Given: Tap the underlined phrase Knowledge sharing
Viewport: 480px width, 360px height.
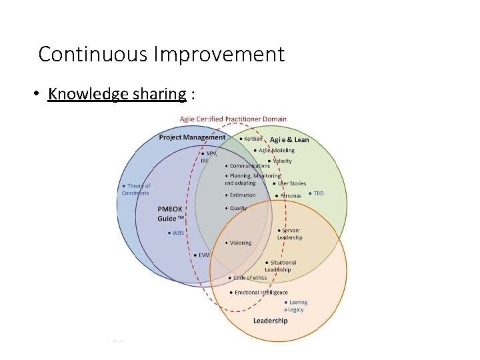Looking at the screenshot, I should tap(117, 94).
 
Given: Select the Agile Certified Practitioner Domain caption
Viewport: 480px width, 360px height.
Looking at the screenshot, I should tap(233, 119).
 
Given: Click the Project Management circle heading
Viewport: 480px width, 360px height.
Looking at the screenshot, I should tap(192, 137).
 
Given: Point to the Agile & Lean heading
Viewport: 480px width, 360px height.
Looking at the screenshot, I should tap(289, 140).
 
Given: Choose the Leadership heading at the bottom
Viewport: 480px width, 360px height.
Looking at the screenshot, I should tap(270, 321).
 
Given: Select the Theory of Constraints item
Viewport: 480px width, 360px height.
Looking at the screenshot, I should tap(136, 189).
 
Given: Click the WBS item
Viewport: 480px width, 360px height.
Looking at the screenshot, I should tap(178, 233).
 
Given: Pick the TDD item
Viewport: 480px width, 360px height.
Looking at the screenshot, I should tap(318, 193).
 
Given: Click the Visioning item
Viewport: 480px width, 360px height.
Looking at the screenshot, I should tap(241, 243).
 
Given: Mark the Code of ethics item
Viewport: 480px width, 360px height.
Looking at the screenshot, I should tap(249, 278).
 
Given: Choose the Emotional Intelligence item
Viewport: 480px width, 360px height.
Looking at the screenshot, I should tap(260, 292).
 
